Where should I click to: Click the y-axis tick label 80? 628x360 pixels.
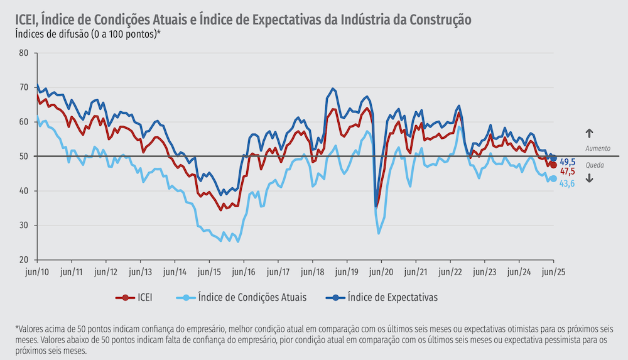23,53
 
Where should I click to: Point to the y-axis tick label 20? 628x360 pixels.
23,260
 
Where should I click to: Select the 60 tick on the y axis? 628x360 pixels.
23,122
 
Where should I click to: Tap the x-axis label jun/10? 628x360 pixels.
37,272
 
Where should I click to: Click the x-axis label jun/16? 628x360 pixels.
242,272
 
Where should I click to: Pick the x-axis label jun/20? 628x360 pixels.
381,272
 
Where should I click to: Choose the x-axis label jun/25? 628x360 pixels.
552,272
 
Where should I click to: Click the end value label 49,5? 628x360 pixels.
568,162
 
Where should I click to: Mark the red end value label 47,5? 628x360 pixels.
568,172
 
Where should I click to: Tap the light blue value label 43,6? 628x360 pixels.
568,183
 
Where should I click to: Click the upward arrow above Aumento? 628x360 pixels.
589,133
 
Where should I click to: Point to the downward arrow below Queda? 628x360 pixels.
589,178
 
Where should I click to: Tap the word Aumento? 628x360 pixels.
598,148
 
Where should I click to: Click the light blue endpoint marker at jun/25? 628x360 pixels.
553,178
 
